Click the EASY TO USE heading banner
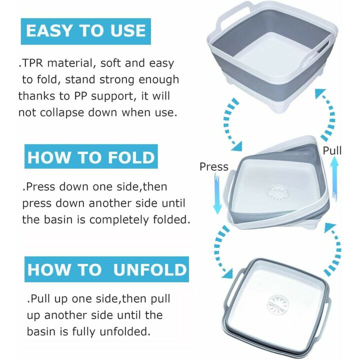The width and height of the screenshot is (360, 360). (x=85, y=30)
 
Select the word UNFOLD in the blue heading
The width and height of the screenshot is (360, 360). (x=149, y=269)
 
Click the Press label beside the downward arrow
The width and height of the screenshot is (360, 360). (x=213, y=167)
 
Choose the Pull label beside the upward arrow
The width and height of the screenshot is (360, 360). (x=331, y=150)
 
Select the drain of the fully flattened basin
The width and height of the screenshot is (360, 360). (x=278, y=305)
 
